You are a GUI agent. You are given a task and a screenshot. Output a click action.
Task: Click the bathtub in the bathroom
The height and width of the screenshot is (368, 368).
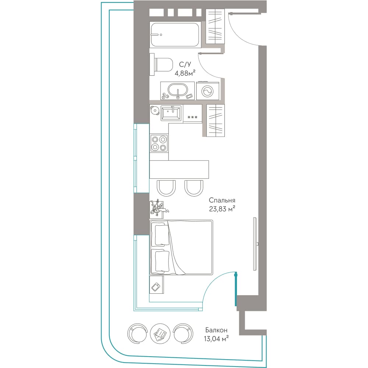[x=175, y=35]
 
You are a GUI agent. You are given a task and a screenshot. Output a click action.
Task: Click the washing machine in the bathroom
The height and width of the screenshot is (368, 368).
[x=208, y=91]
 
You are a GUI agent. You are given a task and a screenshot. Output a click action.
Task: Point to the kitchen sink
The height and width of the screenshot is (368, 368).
[x=171, y=113]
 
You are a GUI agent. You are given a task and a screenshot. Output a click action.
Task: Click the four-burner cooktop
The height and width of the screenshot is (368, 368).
[x=159, y=143]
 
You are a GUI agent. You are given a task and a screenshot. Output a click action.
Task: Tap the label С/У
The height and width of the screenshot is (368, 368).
[x=185, y=64]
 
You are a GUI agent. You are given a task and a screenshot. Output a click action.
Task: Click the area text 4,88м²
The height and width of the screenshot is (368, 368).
[x=185, y=73]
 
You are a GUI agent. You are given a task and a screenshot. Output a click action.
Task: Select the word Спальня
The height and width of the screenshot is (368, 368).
[x=222, y=200]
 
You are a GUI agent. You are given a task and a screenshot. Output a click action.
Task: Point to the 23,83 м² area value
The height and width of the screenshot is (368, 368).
[x=222, y=209]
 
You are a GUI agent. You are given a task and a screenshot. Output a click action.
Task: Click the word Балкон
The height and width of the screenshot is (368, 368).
[x=216, y=330]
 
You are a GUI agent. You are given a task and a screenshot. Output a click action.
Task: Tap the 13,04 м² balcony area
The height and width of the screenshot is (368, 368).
[x=216, y=339]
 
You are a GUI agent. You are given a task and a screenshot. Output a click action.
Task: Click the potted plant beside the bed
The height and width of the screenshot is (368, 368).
[x=158, y=208]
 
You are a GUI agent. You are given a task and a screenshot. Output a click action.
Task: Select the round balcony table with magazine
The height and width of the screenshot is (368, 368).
[x=160, y=333]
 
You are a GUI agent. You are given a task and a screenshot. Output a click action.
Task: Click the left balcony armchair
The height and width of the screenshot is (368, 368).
[x=137, y=333]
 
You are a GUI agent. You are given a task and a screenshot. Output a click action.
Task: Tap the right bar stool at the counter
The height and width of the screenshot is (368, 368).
[x=194, y=188]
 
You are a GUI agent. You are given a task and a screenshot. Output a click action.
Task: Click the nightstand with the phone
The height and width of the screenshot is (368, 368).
[x=156, y=284]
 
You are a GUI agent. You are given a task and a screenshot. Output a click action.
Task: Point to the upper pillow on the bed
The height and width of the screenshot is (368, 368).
[x=160, y=235]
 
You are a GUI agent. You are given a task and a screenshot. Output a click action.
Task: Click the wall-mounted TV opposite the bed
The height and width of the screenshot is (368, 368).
[x=255, y=244]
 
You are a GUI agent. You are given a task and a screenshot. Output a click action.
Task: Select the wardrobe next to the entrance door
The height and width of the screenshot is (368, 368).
[x=215, y=26]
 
